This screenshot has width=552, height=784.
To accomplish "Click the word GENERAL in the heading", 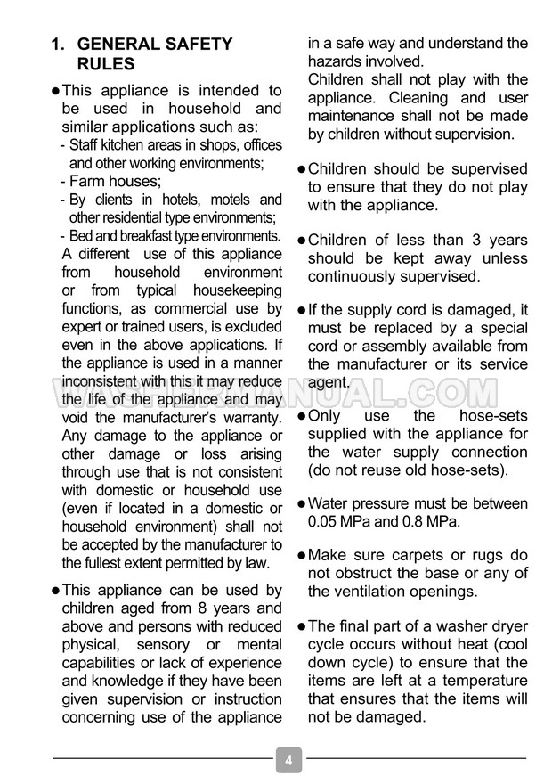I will [124, 45].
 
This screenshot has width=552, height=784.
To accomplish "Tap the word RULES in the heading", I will [106, 64].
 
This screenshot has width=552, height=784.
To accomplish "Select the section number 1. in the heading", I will [60, 45].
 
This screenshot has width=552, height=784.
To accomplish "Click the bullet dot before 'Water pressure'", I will [301, 504].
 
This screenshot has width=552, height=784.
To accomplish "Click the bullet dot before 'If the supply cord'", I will [301, 310].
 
